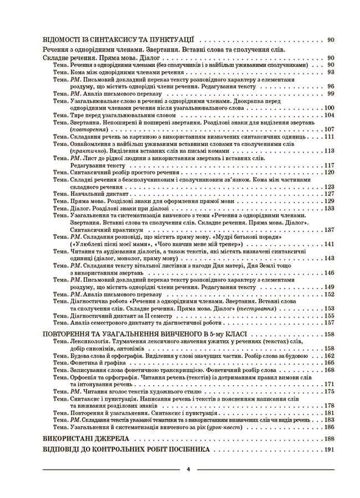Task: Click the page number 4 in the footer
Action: point(188,469)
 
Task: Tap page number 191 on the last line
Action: point(330,449)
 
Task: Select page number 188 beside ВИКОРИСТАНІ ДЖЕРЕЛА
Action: point(330,438)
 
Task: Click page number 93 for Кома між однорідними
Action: point(331,72)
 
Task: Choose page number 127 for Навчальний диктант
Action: point(330,194)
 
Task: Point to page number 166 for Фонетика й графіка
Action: point(330,362)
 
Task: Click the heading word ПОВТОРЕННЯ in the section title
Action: point(70,335)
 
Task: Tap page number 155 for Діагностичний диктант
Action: point(330,315)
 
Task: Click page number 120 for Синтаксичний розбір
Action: point(330,172)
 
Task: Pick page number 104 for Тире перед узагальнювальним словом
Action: point(330,115)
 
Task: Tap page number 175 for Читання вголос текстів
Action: point(330,391)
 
